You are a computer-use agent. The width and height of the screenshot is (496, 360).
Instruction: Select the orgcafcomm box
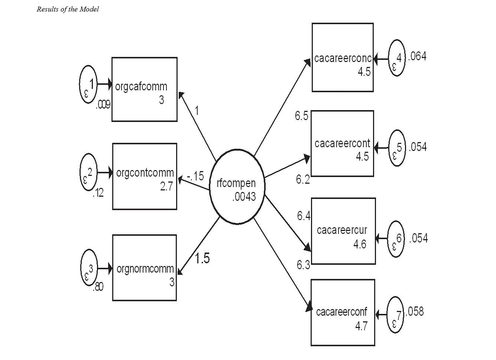[145, 89]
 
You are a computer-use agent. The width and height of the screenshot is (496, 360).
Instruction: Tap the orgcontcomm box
[145, 176]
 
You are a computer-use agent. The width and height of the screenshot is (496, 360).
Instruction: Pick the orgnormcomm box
[145, 267]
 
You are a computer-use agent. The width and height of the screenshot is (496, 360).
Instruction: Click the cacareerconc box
[343, 57]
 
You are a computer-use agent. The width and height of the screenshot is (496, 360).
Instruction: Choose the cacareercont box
[342, 143]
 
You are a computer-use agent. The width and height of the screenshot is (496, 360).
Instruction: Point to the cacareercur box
[343, 231]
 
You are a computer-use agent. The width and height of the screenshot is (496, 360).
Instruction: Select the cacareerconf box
[343, 312]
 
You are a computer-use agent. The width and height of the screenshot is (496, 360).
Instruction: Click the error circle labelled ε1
[88, 84]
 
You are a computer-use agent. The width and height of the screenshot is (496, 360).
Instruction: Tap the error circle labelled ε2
[88, 173]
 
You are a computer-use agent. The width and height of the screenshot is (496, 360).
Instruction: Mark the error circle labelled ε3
[89, 268]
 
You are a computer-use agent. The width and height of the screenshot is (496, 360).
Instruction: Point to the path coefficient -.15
[195, 176]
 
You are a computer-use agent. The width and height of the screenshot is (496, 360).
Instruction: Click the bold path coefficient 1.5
[202, 258]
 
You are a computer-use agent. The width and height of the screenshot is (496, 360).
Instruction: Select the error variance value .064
[417, 57]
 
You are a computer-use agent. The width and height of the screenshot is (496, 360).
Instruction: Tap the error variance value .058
[414, 311]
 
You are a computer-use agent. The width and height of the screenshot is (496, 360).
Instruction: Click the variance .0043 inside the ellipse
[244, 196]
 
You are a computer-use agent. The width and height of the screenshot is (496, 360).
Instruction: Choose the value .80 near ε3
[98, 287]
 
